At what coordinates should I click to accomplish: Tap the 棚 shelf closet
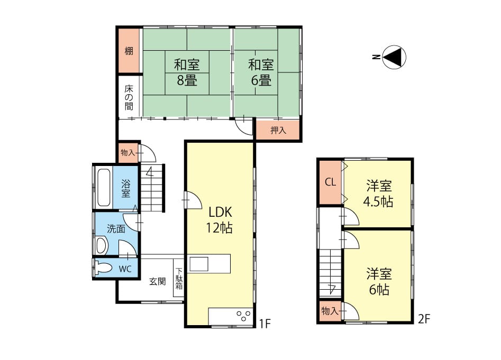pyautogui.click(x=129, y=51)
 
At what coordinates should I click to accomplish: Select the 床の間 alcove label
pyautogui.click(x=129, y=97)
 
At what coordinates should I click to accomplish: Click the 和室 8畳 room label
pyautogui.click(x=187, y=72)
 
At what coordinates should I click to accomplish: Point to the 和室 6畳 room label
pyautogui.click(x=261, y=72)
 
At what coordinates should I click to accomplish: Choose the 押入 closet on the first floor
pyautogui.click(x=278, y=130)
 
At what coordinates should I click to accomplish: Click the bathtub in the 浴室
pyautogui.click(x=104, y=187)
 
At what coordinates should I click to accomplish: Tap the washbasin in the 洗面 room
pyautogui.click(x=102, y=245)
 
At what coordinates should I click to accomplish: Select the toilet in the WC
pyautogui.click(x=104, y=268)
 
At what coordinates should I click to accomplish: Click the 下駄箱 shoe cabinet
pyautogui.click(x=179, y=278)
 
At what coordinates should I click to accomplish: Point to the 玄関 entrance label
pyautogui.click(x=158, y=281)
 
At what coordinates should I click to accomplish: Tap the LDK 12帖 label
pyautogui.click(x=220, y=219)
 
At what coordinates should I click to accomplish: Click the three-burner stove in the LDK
pyautogui.click(x=243, y=316)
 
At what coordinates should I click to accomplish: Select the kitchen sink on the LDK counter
pyautogui.click(x=199, y=264)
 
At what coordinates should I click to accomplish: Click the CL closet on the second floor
pyautogui.click(x=330, y=182)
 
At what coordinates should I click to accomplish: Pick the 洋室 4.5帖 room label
pyautogui.click(x=379, y=193)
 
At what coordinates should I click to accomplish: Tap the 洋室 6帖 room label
pyautogui.click(x=379, y=282)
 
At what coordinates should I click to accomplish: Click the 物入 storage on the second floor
pyautogui.click(x=330, y=310)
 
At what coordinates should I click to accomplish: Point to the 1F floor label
pyautogui.click(x=265, y=324)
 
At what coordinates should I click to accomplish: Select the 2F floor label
pyautogui.click(x=424, y=319)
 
